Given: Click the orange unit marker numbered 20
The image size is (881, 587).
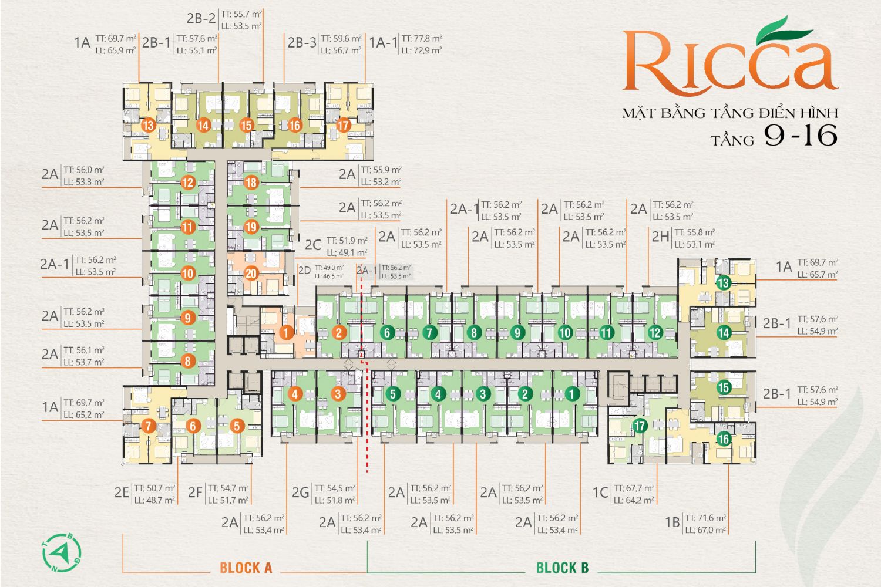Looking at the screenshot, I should tap(251, 273).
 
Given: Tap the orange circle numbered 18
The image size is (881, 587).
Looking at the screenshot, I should tap(251, 183).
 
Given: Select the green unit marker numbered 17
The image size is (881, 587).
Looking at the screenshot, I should tap(640, 426).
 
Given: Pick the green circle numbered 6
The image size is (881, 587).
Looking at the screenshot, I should tap(387, 333).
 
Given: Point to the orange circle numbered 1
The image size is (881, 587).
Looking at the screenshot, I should tap(286, 333).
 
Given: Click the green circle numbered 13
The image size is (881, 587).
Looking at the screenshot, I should tap(723, 283).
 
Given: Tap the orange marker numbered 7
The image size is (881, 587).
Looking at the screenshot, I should tap(148, 427).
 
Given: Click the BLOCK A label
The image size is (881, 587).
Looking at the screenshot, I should tap(246, 568).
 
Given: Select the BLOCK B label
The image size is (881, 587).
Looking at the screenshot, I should tap(562, 568).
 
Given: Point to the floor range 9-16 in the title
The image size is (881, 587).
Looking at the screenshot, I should tap(800, 136).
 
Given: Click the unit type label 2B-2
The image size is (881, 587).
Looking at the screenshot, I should tap(201, 18).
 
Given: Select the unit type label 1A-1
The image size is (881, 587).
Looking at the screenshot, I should tap(383, 43).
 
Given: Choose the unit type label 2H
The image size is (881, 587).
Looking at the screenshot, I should tap(660, 237).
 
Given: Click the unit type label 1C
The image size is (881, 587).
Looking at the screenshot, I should tap(600, 492).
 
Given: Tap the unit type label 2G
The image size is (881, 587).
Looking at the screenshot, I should tap(300, 492).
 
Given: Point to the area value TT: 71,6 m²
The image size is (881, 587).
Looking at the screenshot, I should tap(705, 518).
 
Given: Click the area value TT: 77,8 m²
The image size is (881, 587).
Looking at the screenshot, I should tap(422, 38).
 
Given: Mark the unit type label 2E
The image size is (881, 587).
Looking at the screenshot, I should tap(122, 492).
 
